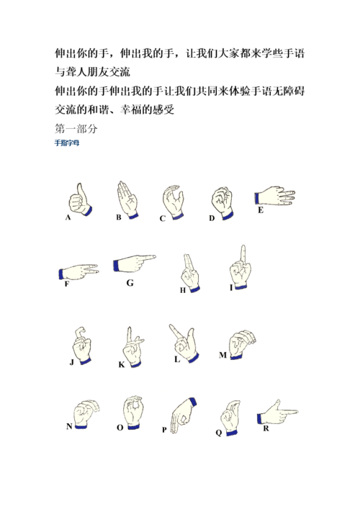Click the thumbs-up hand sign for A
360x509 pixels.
80,200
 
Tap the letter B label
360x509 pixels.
119,217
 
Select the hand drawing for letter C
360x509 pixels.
174,202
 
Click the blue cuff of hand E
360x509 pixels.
257,198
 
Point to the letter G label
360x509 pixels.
130,283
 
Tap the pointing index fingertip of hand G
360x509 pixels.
154,257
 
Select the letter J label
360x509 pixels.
72,362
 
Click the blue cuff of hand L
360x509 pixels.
194,358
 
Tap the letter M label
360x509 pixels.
222,355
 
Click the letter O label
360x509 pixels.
120,428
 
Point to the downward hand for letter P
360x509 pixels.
184,415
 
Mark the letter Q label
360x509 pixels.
218,433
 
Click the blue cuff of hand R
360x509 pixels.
259,418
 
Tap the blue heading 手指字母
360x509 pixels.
67,143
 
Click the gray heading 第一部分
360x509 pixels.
76,129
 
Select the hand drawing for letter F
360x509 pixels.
78,272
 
